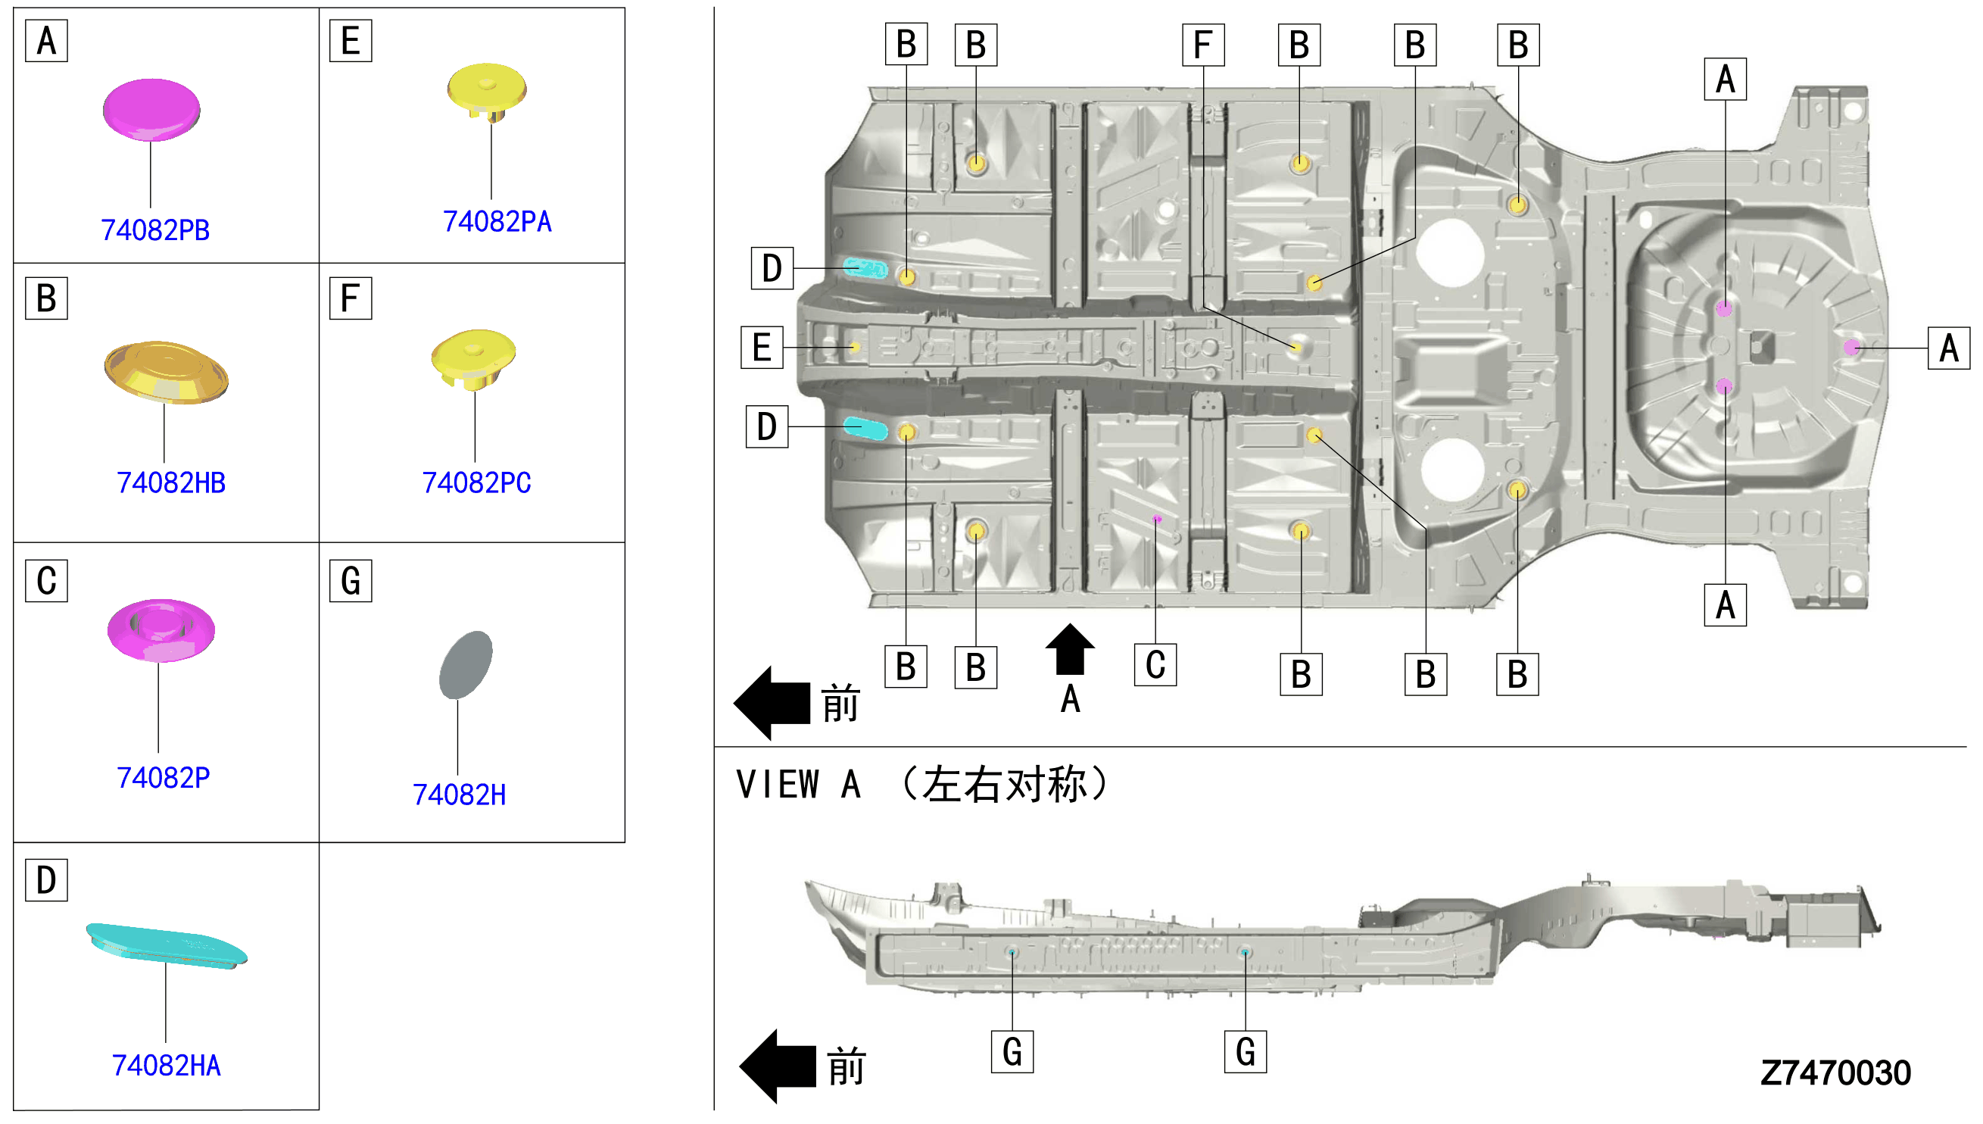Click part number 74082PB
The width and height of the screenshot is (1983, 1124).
(x=155, y=230)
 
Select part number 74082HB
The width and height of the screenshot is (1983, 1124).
(x=170, y=482)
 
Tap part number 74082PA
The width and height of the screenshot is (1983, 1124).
(x=497, y=222)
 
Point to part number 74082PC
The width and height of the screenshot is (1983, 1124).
(x=476, y=482)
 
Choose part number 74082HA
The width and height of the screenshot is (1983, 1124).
(x=166, y=1066)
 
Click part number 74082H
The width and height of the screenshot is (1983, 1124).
(x=459, y=795)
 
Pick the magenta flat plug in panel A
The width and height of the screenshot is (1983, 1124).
(x=151, y=110)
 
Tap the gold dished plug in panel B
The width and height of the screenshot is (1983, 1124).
(x=166, y=372)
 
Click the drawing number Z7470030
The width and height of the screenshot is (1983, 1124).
(x=1835, y=1072)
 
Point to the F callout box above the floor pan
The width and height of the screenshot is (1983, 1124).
(x=1203, y=45)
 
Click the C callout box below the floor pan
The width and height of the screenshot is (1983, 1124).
(x=1155, y=665)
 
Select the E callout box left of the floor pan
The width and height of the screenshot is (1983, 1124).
(x=762, y=348)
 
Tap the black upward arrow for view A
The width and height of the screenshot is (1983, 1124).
(x=1069, y=648)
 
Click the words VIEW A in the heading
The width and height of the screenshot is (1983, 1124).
(x=798, y=785)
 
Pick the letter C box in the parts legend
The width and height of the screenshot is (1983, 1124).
(x=46, y=580)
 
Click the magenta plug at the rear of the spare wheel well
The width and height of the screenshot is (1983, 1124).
(x=1852, y=348)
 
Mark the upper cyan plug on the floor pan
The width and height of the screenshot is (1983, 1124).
(x=865, y=268)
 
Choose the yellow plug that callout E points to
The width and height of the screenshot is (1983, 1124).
(x=854, y=348)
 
